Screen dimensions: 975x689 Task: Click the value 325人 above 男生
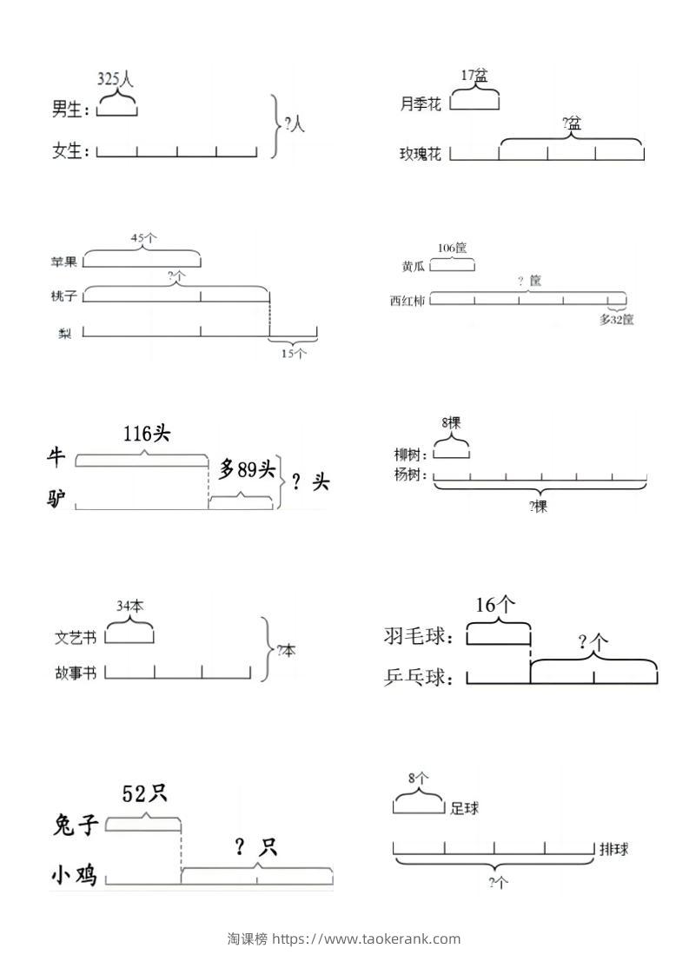[116, 79]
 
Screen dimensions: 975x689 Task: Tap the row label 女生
[70, 151]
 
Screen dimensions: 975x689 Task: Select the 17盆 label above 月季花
[474, 76]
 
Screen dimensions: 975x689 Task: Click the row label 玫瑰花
[421, 154]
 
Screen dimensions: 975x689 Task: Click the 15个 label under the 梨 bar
[293, 353]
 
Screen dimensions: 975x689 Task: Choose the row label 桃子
[64, 296]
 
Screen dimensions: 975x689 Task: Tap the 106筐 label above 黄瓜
[452, 249]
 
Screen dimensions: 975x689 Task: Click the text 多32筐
[616, 319]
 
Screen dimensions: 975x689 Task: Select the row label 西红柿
[408, 302]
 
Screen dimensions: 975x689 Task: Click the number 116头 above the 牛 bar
[147, 433]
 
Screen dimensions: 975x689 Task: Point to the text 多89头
[247, 470]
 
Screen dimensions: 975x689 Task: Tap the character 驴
[57, 500]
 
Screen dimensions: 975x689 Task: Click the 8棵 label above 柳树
[451, 423]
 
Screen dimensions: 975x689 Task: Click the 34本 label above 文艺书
[129, 605]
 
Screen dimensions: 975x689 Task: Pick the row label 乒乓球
[418, 677]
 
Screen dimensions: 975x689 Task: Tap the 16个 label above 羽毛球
[496, 605]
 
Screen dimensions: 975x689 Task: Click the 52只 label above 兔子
[144, 793]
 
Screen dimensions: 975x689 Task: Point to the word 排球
[613, 849]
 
